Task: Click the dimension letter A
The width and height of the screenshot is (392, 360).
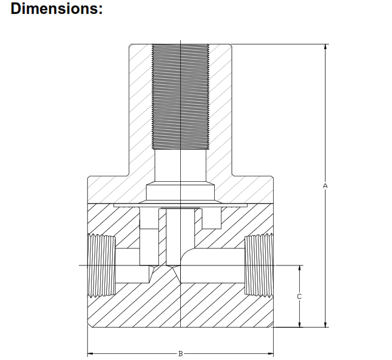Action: tap(326, 185)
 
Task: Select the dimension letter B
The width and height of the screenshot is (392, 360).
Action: tap(180, 352)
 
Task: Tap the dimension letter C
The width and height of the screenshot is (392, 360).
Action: tap(299, 296)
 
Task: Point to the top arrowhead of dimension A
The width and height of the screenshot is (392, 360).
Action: tap(326, 47)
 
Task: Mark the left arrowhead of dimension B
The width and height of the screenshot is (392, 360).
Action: tap(91, 352)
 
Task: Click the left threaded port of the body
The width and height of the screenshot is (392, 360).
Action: tap(101, 265)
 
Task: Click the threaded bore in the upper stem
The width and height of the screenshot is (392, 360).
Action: tap(180, 97)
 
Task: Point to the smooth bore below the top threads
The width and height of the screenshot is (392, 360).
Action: tap(180, 167)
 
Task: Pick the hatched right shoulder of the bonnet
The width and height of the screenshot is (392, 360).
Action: tap(252, 188)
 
